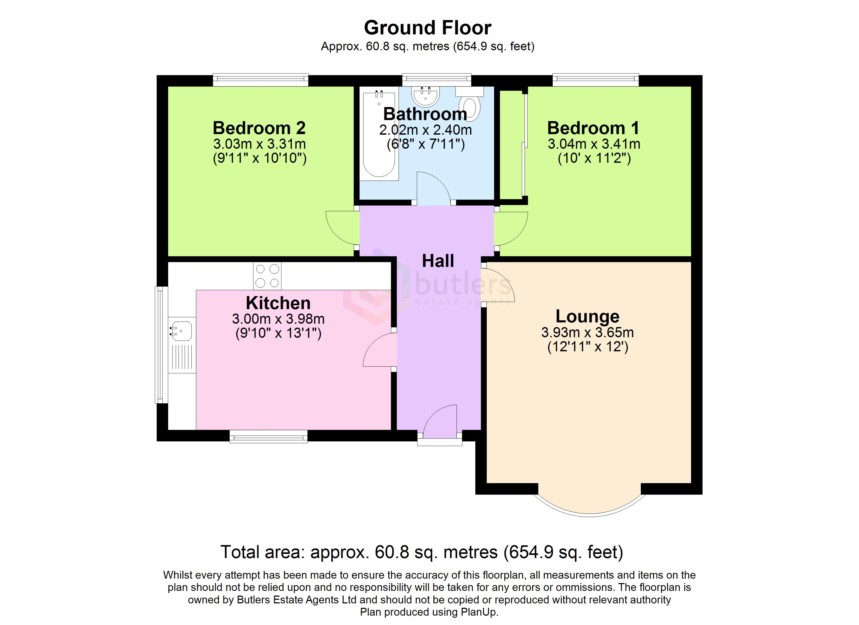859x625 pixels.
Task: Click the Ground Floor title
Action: click(428, 28)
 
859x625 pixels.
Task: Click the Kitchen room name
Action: click(278, 303)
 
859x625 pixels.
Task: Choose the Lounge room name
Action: click(588, 316)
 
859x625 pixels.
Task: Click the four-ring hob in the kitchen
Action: click(267, 276)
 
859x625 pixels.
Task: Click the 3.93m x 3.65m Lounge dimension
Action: click(588, 332)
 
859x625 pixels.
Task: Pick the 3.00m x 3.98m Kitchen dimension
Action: click(278, 319)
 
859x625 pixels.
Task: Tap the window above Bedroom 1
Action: click(595, 80)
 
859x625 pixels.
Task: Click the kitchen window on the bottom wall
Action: click(269, 436)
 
